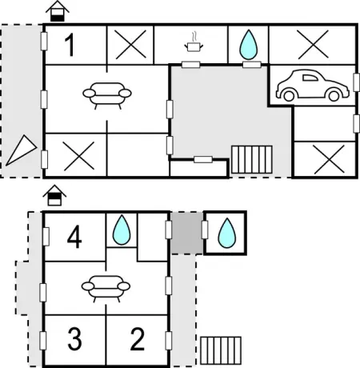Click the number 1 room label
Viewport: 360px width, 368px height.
point(70,45)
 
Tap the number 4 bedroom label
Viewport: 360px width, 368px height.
point(74,237)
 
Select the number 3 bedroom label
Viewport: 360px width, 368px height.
point(74,338)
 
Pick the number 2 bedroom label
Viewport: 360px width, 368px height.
point(138,338)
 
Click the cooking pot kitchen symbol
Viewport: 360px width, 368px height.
point(194,42)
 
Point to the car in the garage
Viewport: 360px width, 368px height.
point(313,86)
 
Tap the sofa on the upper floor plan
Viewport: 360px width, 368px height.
point(107,95)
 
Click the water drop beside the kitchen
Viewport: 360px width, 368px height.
point(248,45)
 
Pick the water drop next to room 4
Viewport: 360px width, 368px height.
point(122,230)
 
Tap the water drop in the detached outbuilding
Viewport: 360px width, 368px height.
point(227,233)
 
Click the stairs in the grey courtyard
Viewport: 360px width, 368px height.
point(252,159)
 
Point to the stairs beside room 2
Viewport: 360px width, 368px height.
point(221,350)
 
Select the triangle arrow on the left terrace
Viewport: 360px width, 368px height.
point(22,150)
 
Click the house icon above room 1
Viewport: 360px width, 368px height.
point(58,11)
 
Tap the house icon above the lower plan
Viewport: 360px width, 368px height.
point(54,195)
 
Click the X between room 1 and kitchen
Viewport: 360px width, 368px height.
point(130,44)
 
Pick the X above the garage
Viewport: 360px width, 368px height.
point(313,44)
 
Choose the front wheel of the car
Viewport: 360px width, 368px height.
point(289,96)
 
